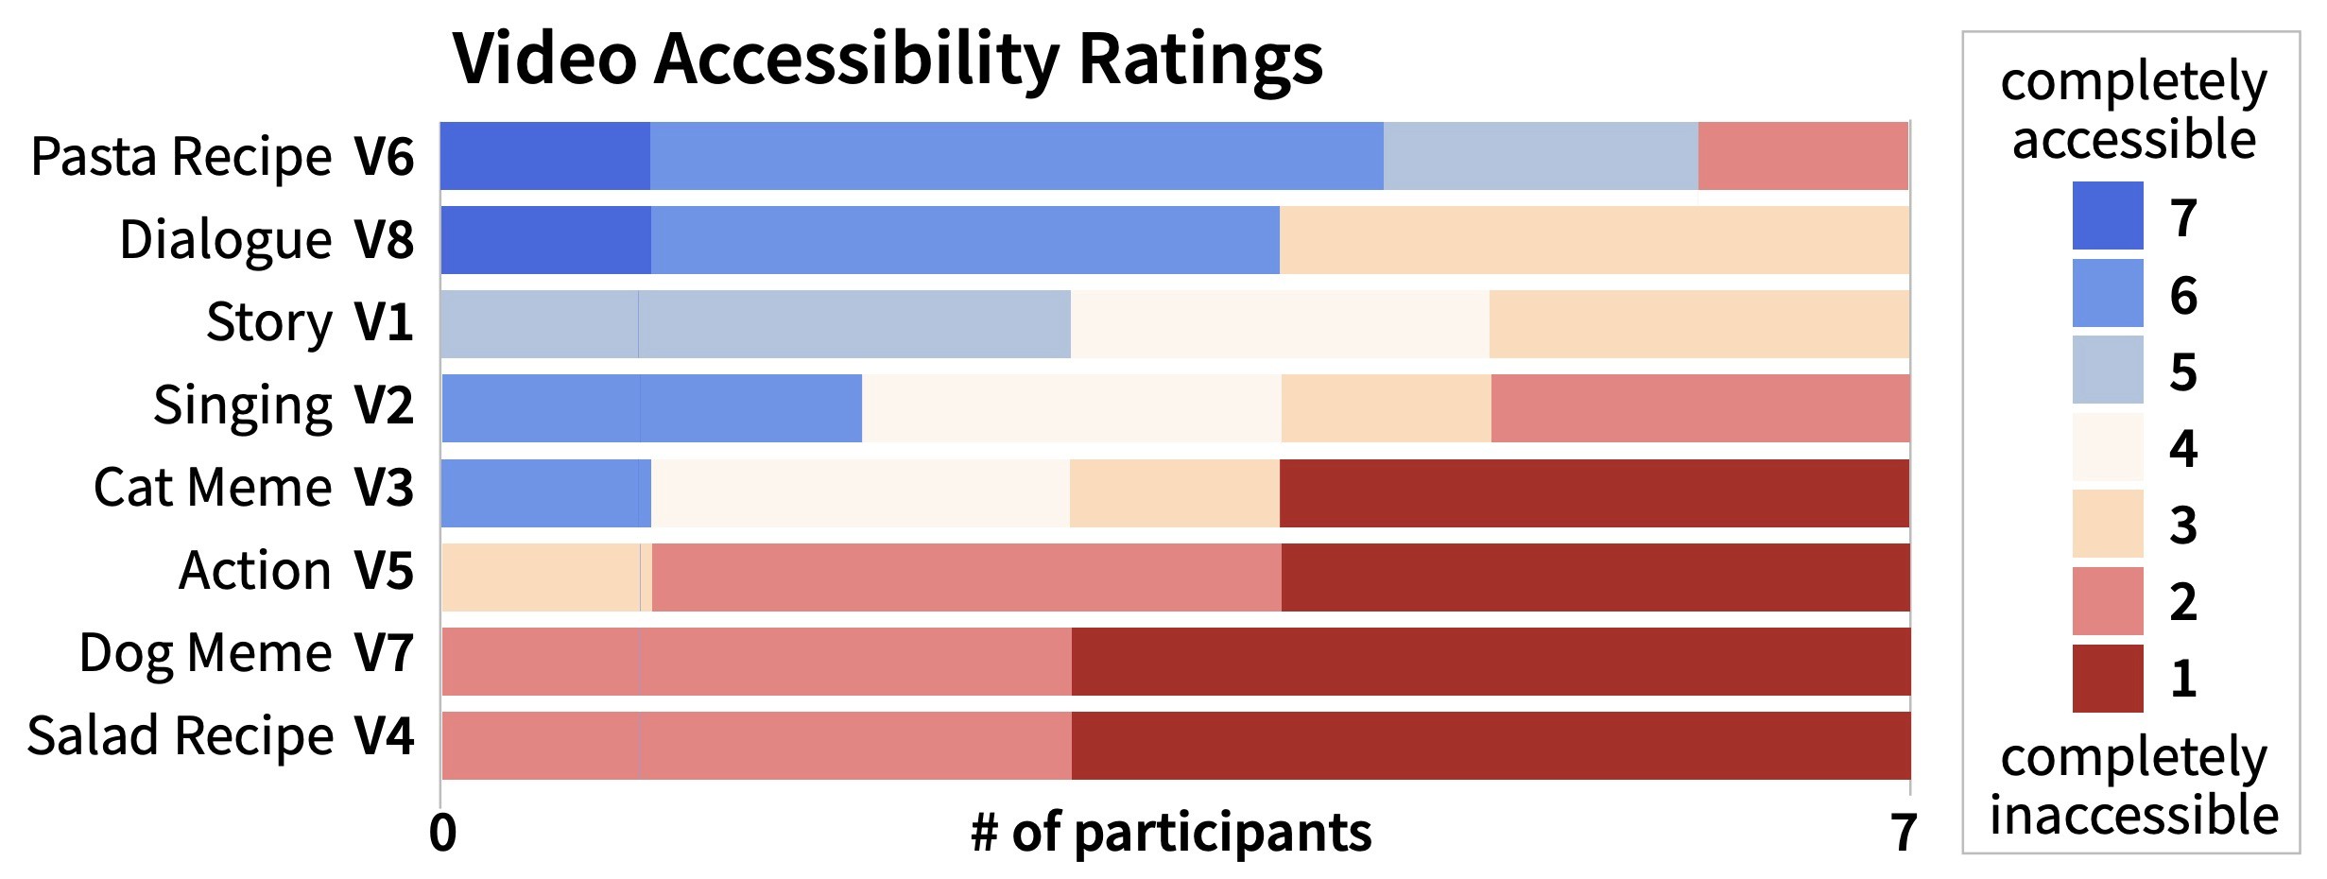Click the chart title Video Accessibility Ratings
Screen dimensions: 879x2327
[x=888, y=59]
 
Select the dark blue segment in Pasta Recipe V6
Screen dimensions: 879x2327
[x=545, y=156]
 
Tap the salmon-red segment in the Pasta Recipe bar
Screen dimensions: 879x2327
[x=1802, y=156]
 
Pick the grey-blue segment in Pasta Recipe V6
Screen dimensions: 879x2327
[x=1541, y=156]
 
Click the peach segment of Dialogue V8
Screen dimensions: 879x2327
[x=1594, y=240]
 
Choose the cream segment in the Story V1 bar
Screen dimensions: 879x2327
[x=1280, y=324]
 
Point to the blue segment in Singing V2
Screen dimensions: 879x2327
[x=652, y=408]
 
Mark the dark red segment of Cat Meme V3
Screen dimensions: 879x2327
[x=1594, y=492]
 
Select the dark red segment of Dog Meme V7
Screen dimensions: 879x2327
[x=1491, y=661]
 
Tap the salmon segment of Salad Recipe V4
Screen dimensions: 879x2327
[x=756, y=745]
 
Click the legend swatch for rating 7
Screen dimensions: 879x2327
[x=2107, y=216]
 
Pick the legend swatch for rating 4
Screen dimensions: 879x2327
[x=2107, y=447]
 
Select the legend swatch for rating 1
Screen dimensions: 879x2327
[x=2107, y=678]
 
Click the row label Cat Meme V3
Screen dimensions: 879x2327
[x=253, y=489]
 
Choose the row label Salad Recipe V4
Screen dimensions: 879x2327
[x=220, y=737]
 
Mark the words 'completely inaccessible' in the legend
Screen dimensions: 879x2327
[x=2133, y=786]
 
